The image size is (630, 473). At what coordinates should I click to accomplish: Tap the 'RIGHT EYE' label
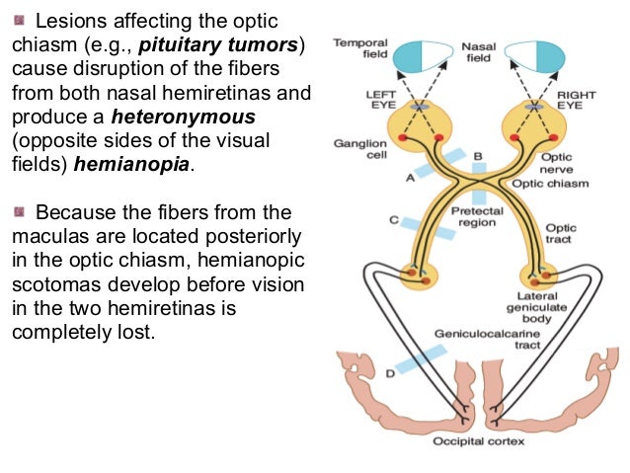pos(578,100)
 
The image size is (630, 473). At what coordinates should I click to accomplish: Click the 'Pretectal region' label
pos(477,217)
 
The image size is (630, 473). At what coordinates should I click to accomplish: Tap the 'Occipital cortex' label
pos(480,441)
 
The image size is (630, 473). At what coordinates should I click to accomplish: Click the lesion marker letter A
pos(409,179)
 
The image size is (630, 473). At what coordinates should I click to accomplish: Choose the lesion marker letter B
pos(478,156)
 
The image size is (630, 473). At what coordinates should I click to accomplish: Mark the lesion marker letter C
pos(394,218)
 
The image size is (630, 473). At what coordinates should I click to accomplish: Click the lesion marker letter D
pos(390,372)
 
